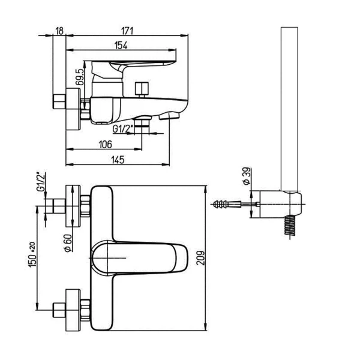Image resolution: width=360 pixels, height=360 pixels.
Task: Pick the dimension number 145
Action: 118,159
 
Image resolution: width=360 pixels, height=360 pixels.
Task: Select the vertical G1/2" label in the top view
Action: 41,181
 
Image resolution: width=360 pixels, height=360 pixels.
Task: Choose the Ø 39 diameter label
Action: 245,176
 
